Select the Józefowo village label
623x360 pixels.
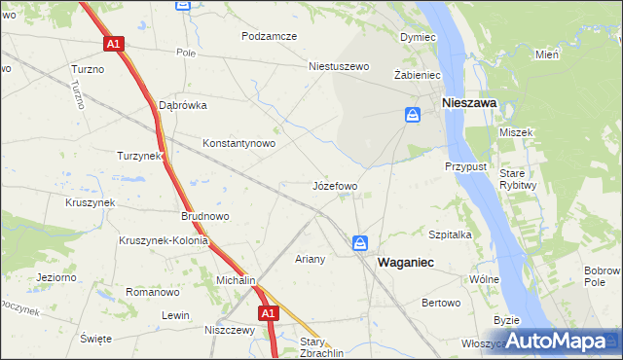[x=335, y=185]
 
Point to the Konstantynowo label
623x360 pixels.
[x=238, y=143]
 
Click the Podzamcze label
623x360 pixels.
[x=270, y=36]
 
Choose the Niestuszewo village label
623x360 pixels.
[x=340, y=67]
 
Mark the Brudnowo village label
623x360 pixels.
[x=204, y=216]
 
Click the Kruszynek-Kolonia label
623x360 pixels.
[x=164, y=241]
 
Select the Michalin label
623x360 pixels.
[x=235, y=280]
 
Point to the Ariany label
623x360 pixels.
[x=310, y=260]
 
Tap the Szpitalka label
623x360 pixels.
[x=451, y=234]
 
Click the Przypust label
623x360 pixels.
[x=465, y=166]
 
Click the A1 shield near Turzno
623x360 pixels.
[x=114, y=44]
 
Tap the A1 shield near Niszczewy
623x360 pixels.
[x=270, y=313]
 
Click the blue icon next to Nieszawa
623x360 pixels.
[x=413, y=116]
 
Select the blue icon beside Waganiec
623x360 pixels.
[x=360, y=242]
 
